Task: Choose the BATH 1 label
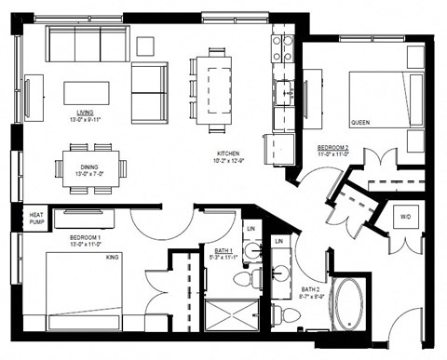click(x=223, y=250)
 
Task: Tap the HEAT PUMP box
click(x=35, y=218)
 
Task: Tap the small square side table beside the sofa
click(x=145, y=45)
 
